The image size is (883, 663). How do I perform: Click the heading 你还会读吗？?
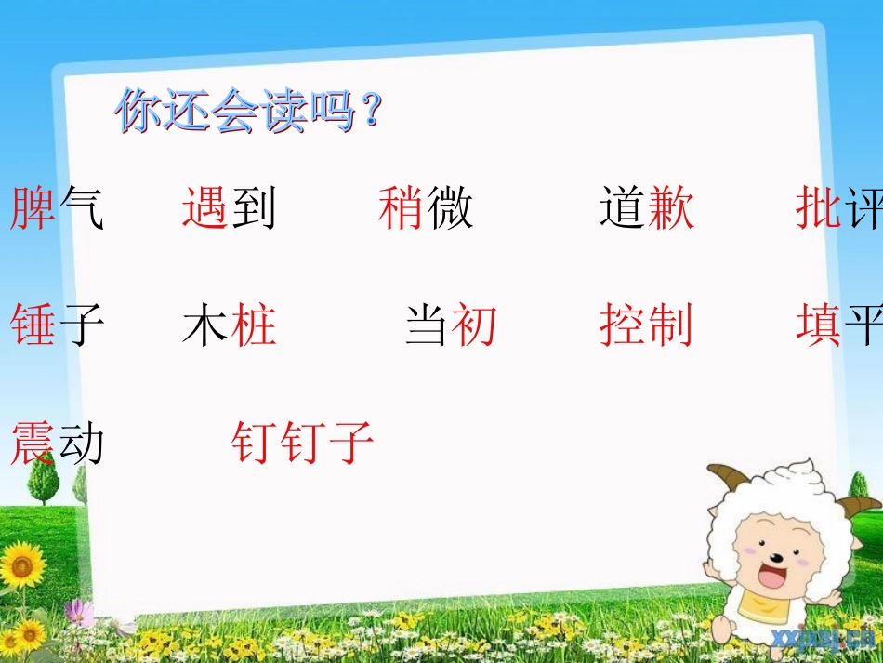[248, 113]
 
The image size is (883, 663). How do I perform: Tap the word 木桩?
[230, 326]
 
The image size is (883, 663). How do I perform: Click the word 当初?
[452, 326]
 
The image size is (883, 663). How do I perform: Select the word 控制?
[647, 326]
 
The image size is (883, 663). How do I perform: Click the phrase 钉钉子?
[303, 443]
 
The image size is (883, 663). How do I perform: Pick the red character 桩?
[254, 326]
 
